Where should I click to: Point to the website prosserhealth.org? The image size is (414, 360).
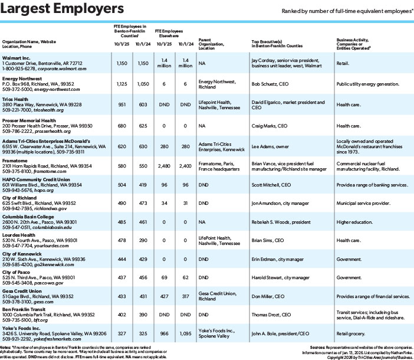coord(60,131)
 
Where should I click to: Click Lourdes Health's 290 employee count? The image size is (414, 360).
coord(142,241)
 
